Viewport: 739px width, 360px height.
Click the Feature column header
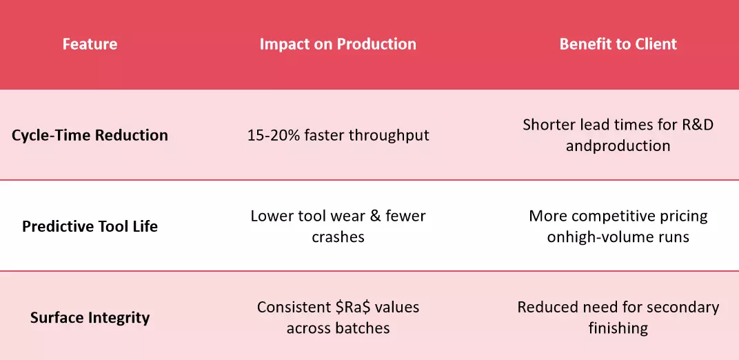pos(90,44)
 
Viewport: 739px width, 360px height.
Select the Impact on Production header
pos(338,44)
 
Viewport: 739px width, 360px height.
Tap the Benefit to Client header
pos(618,44)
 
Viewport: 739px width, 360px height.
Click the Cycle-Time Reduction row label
pos(90,135)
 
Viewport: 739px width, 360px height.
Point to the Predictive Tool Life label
pos(90,226)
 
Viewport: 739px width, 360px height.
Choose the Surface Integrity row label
pos(90,317)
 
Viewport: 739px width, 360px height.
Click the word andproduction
pos(618,146)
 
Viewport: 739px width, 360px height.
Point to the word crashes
pos(338,237)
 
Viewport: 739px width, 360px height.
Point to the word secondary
pos(683,307)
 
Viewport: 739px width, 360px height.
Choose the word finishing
pos(618,328)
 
